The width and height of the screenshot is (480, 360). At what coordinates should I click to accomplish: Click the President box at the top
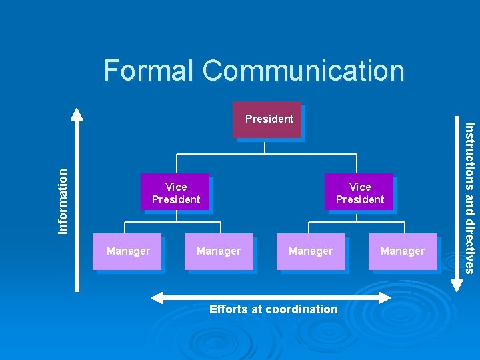267,119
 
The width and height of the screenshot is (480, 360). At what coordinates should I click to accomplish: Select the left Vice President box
175,193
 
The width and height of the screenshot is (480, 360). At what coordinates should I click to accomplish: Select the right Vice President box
359,193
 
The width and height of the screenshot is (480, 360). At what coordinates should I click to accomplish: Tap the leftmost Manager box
127,251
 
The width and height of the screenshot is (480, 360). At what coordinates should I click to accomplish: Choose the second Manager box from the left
219,251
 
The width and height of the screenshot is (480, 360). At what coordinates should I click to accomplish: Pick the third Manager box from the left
311,251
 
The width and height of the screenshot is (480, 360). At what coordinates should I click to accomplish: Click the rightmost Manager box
402,251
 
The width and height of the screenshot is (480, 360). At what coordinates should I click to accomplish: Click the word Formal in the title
149,71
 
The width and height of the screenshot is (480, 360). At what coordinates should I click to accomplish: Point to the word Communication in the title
303,71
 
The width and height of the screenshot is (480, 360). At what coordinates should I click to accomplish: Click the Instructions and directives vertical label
469,197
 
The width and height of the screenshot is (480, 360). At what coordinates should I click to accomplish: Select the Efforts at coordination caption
273,309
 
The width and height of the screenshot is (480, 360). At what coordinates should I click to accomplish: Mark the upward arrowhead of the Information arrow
77,113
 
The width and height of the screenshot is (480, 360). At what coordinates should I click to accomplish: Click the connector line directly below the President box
265,146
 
